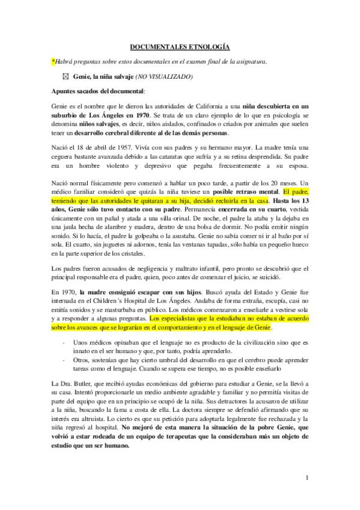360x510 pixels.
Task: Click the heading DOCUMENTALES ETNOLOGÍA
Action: (179, 46)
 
